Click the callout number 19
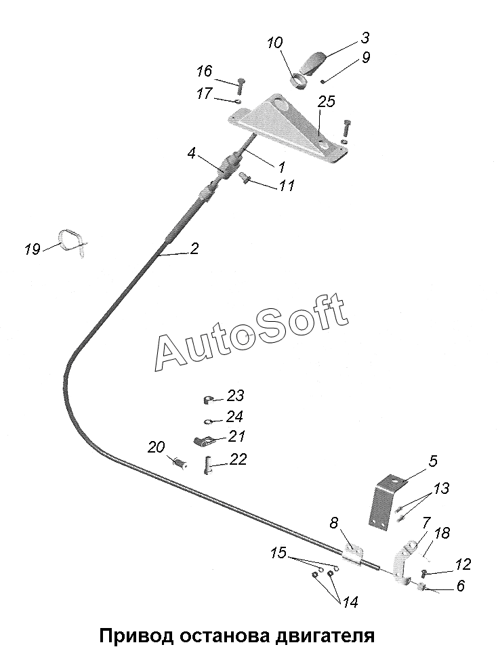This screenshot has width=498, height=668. [x=33, y=249]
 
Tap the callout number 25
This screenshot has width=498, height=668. [x=327, y=102]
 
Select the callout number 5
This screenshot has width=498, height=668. [x=433, y=461]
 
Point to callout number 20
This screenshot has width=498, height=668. [x=156, y=448]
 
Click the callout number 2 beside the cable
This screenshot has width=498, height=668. [x=194, y=249]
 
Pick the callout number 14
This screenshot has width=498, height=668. [x=350, y=602]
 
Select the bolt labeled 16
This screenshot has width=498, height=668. [x=239, y=86]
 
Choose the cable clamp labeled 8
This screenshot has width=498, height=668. [x=353, y=554]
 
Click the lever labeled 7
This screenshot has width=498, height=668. [x=404, y=562]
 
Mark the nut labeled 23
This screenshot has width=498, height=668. [x=208, y=400]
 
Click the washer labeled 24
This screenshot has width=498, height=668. [x=208, y=421]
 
